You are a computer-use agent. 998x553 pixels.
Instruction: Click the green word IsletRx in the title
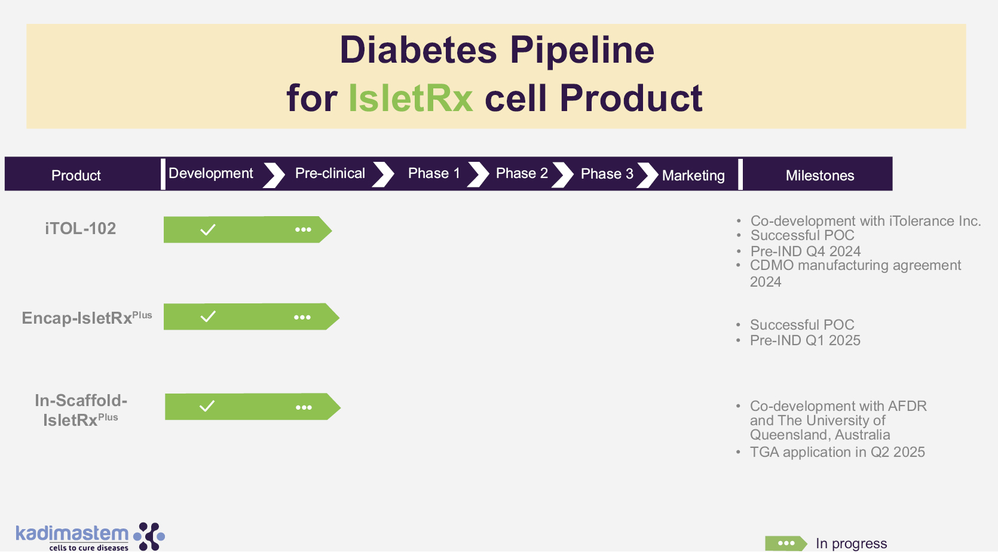tap(411, 99)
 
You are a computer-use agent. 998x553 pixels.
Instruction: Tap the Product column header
tap(76, 176)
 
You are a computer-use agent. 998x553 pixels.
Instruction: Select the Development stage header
tap(211, 173)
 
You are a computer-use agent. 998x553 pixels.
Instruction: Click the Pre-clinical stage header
tap(330, 173)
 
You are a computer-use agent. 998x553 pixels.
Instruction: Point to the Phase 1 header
tap(434, 173)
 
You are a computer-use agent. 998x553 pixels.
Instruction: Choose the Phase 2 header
tap(522, 173)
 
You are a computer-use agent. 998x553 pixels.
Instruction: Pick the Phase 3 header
tap(607, 174)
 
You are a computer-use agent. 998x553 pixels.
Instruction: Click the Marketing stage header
tap(693, 176)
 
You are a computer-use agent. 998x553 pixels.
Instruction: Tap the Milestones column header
tap(820, 176)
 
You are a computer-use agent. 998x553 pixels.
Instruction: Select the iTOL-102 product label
tap(80, 228)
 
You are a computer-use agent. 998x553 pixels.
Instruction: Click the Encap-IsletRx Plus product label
tap(87, 318)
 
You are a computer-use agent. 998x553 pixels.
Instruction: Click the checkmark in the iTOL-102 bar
tap(207, 230)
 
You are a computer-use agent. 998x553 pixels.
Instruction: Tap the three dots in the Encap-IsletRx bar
tap(302, 318)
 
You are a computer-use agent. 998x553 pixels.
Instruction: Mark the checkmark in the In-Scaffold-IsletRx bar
tap(207, 406)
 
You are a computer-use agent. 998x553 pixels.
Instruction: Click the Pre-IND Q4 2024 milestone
tap(806, 251)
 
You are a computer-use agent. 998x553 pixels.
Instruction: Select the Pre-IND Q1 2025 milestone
tap(805, 340)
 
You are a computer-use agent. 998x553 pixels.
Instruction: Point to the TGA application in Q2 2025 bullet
tap(837, 452)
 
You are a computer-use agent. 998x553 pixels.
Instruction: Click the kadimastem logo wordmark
tap(72, 533)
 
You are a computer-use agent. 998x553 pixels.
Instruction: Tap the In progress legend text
tap(852, 543)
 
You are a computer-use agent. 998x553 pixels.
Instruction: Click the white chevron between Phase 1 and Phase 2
tap(479, 174)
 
